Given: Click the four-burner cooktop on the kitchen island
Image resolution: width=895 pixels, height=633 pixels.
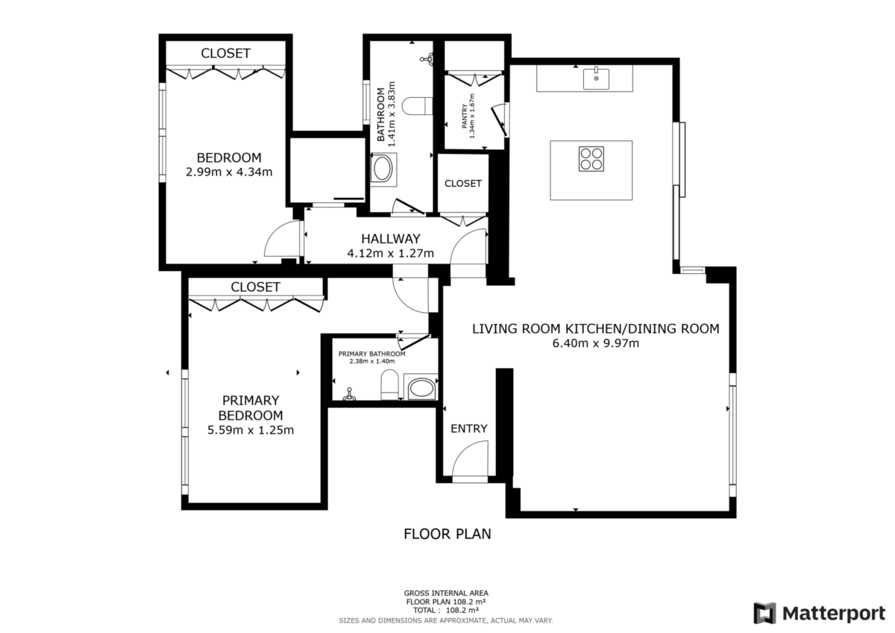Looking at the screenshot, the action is [x=591, y=159].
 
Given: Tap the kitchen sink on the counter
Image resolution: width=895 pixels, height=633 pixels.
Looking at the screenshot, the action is [x=596, y=78].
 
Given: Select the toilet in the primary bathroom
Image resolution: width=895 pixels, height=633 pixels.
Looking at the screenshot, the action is [x=389, y=384].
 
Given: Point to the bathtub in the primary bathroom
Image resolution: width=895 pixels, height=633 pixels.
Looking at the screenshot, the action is [x=421, y=387].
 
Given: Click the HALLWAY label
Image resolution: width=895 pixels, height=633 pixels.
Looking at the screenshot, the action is [x=391, y=239].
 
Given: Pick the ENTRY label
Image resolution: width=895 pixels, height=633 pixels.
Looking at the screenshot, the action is [x=468, y=428].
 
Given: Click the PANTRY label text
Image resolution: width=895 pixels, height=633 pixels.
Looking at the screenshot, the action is [x=464, y=116].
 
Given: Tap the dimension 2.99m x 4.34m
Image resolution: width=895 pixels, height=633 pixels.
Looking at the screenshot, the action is [x=229, y=172].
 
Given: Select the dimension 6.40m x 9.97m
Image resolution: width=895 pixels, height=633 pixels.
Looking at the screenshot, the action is [x=596, y=343].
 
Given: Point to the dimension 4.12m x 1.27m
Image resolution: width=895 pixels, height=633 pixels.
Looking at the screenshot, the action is [x=390, y=253].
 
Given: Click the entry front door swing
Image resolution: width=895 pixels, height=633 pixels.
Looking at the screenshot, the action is [x=470, y=458].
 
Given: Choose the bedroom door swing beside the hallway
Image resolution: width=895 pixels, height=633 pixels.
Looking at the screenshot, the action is [x=282, y=238].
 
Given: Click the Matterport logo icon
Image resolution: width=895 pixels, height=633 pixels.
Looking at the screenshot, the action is [x=764, y=613].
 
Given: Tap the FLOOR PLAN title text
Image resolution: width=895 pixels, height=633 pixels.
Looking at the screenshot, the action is [x=447, y=534].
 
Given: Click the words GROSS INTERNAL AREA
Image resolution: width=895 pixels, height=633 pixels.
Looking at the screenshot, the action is [x=446, y=593].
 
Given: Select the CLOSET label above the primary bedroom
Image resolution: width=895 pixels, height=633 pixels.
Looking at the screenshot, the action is [x=255, y=287].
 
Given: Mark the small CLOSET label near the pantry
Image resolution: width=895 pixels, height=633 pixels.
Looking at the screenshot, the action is [x=463, y=183].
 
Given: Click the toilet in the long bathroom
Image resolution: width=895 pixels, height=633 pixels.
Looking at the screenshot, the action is [x=417, y=106].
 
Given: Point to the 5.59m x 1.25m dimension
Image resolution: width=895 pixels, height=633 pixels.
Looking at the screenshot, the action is [x=251, y=430].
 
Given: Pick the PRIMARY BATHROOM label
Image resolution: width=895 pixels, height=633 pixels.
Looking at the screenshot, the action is [x=371, y=354].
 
